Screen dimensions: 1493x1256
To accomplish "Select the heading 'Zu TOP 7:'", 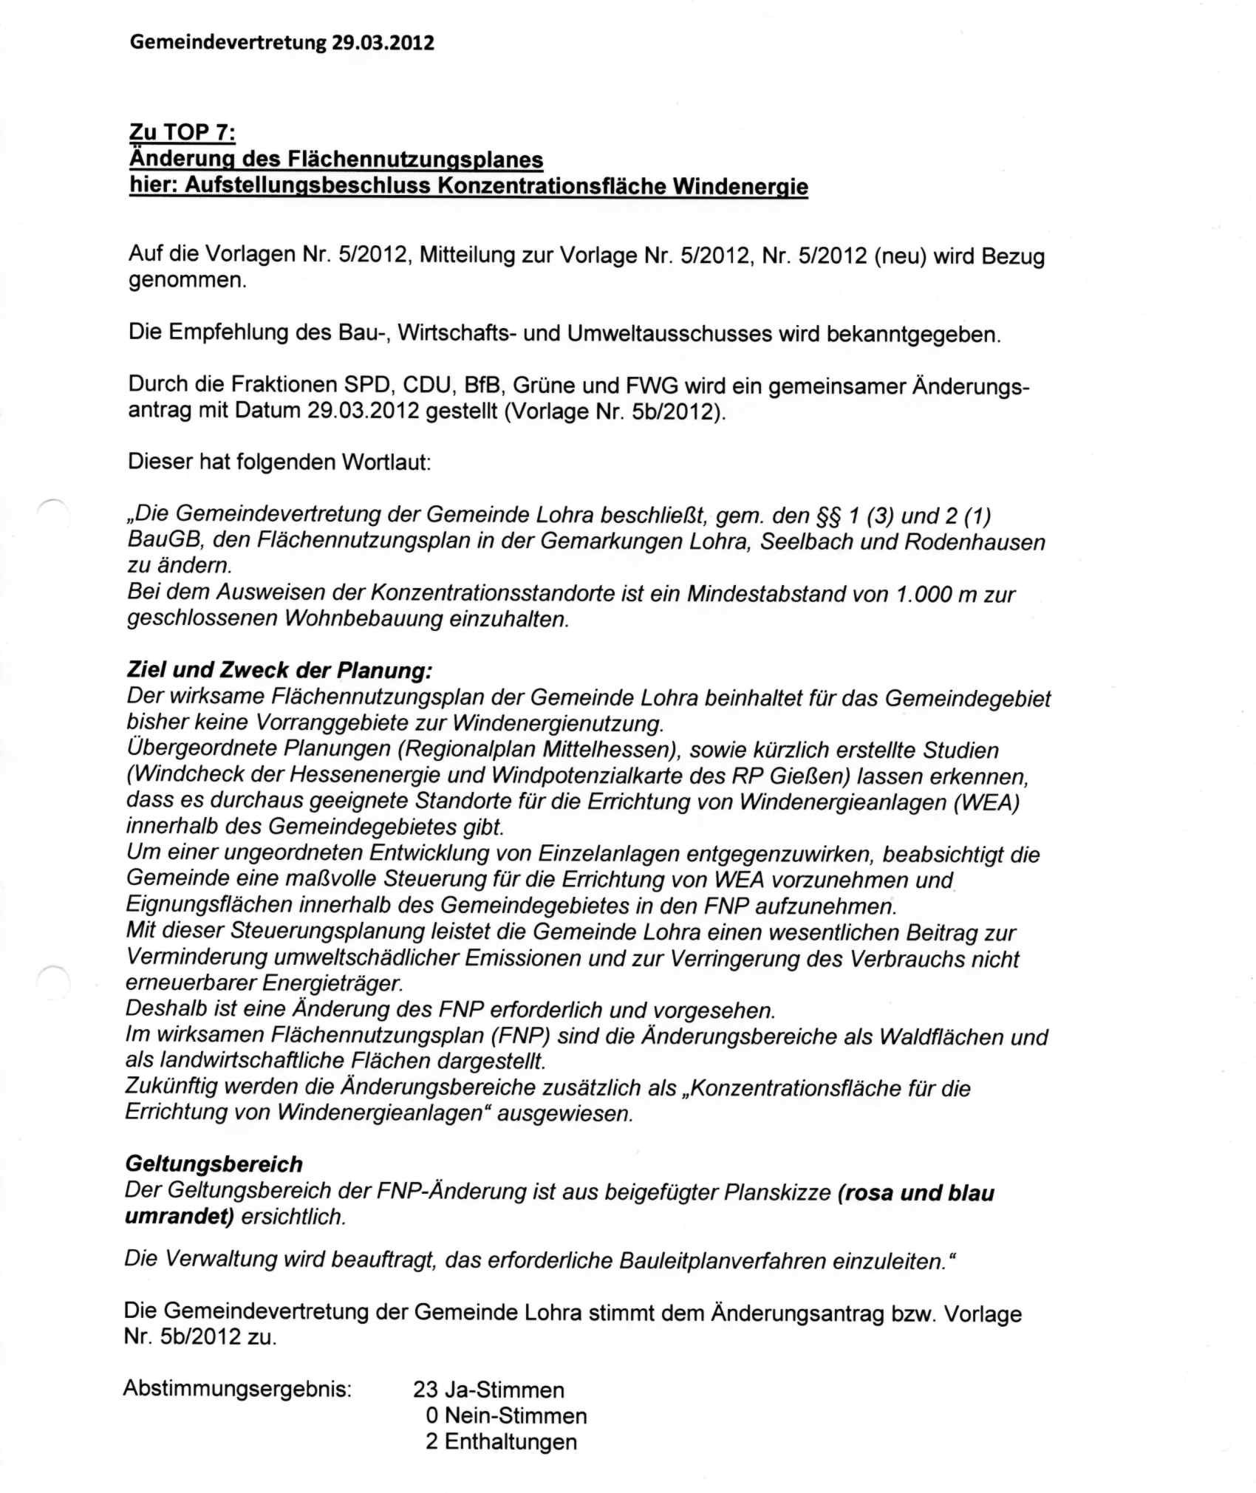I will pyautogui.click(x=182, y=133).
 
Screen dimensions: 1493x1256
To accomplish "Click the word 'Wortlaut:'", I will pyautogui.click(x=385, y=462).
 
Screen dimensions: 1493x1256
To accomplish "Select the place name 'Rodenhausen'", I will pyautogui.click(x=975, y=541).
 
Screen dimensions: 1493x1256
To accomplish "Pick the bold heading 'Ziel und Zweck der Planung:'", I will pyautogui.click(x=279, y=671).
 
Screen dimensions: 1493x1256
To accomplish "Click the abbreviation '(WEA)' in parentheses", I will pyautogui.click(x=986, y=802).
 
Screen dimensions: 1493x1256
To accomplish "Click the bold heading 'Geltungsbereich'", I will pyautogui.click(x=214, y=1164).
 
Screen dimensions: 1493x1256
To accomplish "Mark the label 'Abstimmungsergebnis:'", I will pyautogui.click(x=237, y=1388).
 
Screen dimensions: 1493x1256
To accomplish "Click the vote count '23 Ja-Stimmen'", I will pyautogui.click(x=488, y=1390).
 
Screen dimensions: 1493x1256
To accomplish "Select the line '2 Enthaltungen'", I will pyautogui.click(x=501, y=1441).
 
